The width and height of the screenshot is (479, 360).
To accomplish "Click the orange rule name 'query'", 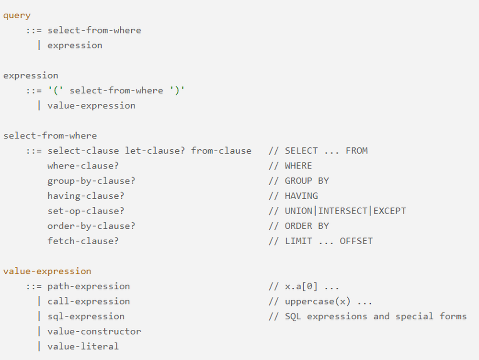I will click(17, 15).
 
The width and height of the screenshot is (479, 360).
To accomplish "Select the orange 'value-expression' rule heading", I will click(47, 271).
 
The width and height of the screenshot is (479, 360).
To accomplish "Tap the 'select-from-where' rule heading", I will click(50, 135).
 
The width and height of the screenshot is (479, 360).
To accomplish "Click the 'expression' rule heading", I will click(31, 75).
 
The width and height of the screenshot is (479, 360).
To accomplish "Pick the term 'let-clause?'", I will click(155, 151).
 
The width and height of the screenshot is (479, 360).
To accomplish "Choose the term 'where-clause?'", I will click(83, 166).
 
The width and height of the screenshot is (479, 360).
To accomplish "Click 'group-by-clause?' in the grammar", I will click(91, 181).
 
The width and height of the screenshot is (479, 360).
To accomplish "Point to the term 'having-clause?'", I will click(86, 196).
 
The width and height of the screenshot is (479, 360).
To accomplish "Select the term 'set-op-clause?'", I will click(86, 211).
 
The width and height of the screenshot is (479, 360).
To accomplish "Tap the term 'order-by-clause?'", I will click(91, 226).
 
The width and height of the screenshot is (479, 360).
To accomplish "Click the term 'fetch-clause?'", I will click(83, 241).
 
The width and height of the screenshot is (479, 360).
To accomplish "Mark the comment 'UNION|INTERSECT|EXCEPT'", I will click(345, 211).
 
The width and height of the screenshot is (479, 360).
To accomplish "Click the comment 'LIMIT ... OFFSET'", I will click(329, 241).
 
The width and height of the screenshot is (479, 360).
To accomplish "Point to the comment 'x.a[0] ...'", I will click(312, 286).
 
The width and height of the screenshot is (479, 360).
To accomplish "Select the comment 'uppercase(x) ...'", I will click(329, 301).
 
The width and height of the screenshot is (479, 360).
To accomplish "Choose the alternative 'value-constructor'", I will click(94, 331).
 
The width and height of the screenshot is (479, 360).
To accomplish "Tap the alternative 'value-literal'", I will click(83, 346).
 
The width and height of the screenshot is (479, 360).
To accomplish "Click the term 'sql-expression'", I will click(86, 316).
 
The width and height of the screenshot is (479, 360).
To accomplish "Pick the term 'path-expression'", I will click(89, 286).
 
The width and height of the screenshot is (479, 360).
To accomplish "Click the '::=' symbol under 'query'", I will click(34, 30).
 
